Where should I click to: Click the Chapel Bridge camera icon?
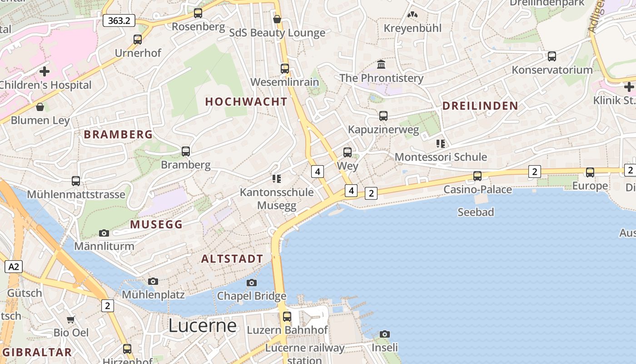coord(252,283)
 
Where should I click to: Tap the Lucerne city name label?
coord(203,326)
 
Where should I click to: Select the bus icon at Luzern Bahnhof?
coord(287,317)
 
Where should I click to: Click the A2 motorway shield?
coord(14,266)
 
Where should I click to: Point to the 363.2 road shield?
coord(119,20)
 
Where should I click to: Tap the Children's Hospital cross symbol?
coord(45,71)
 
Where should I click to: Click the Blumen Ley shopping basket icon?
coord(40,107)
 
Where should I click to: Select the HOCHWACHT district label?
coord(246,101)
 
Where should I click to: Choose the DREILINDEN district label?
coord(480,106)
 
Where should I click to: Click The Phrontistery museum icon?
coord(381,64)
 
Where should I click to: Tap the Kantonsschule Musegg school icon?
coord(277,179)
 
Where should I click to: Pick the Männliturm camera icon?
coord(104,233)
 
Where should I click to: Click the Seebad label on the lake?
coord(476,212)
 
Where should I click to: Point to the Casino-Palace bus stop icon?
coord(477,176)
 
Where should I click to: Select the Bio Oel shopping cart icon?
coord(71,319)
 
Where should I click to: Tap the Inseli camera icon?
coord(385,334)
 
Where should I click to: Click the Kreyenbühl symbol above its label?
coord(412,15)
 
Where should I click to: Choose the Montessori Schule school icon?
coord(440,144)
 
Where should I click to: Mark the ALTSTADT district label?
coord(232,259)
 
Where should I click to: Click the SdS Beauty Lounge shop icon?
coord(277,19)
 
